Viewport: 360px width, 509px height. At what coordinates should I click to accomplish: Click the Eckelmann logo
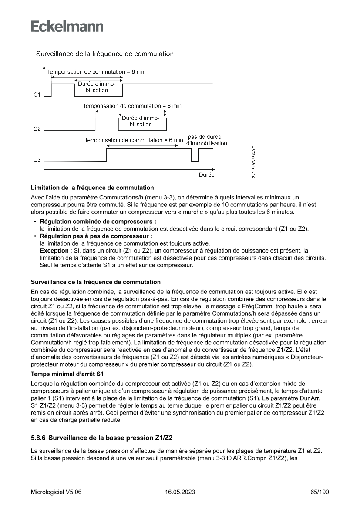(67, 27)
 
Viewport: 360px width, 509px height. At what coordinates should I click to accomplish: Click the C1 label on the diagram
(37, 95)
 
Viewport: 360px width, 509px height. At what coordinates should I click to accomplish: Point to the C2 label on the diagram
(37, 129)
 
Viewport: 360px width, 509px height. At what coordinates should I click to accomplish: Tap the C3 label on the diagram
(37, 160)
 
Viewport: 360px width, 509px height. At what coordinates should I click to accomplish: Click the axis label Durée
(206, 175)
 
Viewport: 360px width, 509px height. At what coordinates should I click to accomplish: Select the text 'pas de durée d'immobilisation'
(206, 140)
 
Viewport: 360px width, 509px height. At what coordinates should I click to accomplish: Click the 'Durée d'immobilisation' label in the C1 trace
(97, 87)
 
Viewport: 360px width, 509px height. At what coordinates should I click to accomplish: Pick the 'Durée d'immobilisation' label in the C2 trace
(141, 121)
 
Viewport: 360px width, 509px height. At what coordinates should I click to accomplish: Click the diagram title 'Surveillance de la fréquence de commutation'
(105, 54)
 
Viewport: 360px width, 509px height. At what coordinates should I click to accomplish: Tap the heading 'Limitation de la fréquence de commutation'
(92, 188)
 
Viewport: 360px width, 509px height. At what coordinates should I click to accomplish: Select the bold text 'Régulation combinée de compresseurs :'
(98, 222)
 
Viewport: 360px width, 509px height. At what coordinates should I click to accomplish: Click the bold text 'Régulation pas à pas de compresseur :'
(96, 236)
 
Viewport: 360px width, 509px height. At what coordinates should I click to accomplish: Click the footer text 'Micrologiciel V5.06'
(56, 492)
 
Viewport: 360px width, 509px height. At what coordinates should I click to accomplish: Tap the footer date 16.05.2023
(180, 492)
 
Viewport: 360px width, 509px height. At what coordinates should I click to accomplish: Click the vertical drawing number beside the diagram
(253, 161)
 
